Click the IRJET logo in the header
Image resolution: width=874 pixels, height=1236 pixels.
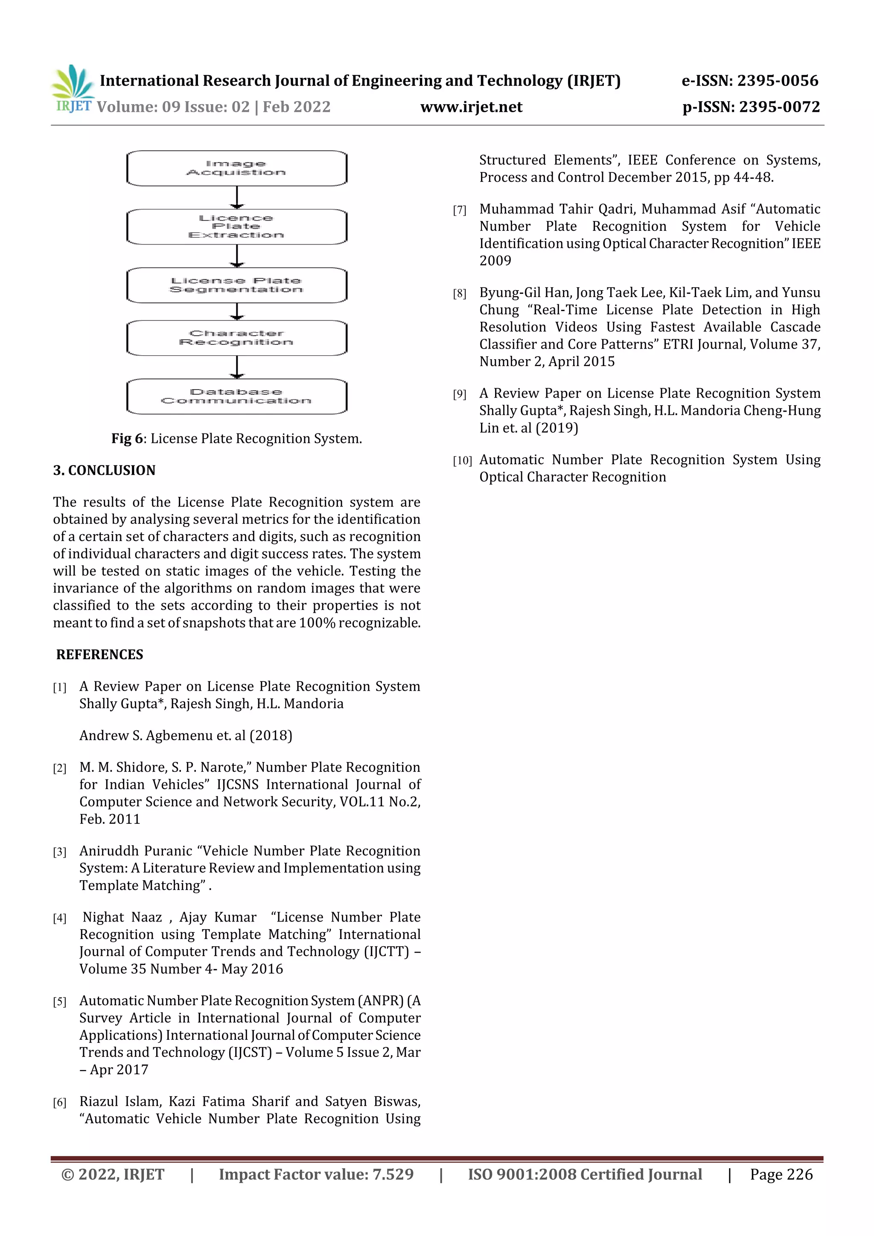tap(73, 89)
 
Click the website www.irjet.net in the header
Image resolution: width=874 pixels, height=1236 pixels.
tap(471, 107)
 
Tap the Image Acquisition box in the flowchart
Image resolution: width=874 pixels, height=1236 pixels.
tap(236, 169)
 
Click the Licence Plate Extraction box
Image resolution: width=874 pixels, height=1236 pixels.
tap(236, 227)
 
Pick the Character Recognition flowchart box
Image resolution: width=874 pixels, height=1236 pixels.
tap(236, 338)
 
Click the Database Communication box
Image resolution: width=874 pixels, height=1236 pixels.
tap(236, 397)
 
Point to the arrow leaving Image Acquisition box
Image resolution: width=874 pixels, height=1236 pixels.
tap(237, 198)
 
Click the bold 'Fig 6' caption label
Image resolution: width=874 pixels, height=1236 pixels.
tap(127, 439)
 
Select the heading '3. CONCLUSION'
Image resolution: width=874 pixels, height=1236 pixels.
tap(104, 471)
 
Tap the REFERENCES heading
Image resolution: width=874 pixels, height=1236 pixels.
tap(99, 654)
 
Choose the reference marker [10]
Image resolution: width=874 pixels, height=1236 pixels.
tap(462, 461)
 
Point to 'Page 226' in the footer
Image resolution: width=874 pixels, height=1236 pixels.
tap(781, 1175)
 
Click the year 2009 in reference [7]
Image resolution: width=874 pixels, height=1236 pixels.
tap(495, 261)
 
